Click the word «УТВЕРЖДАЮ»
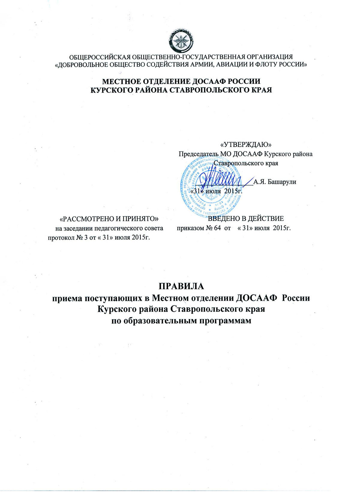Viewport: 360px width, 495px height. [246, 145]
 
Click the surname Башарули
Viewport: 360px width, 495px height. [279, 182]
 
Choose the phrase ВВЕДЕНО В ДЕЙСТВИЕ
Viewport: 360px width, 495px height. [246, 219]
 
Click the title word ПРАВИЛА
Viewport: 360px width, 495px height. [181, 286]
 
